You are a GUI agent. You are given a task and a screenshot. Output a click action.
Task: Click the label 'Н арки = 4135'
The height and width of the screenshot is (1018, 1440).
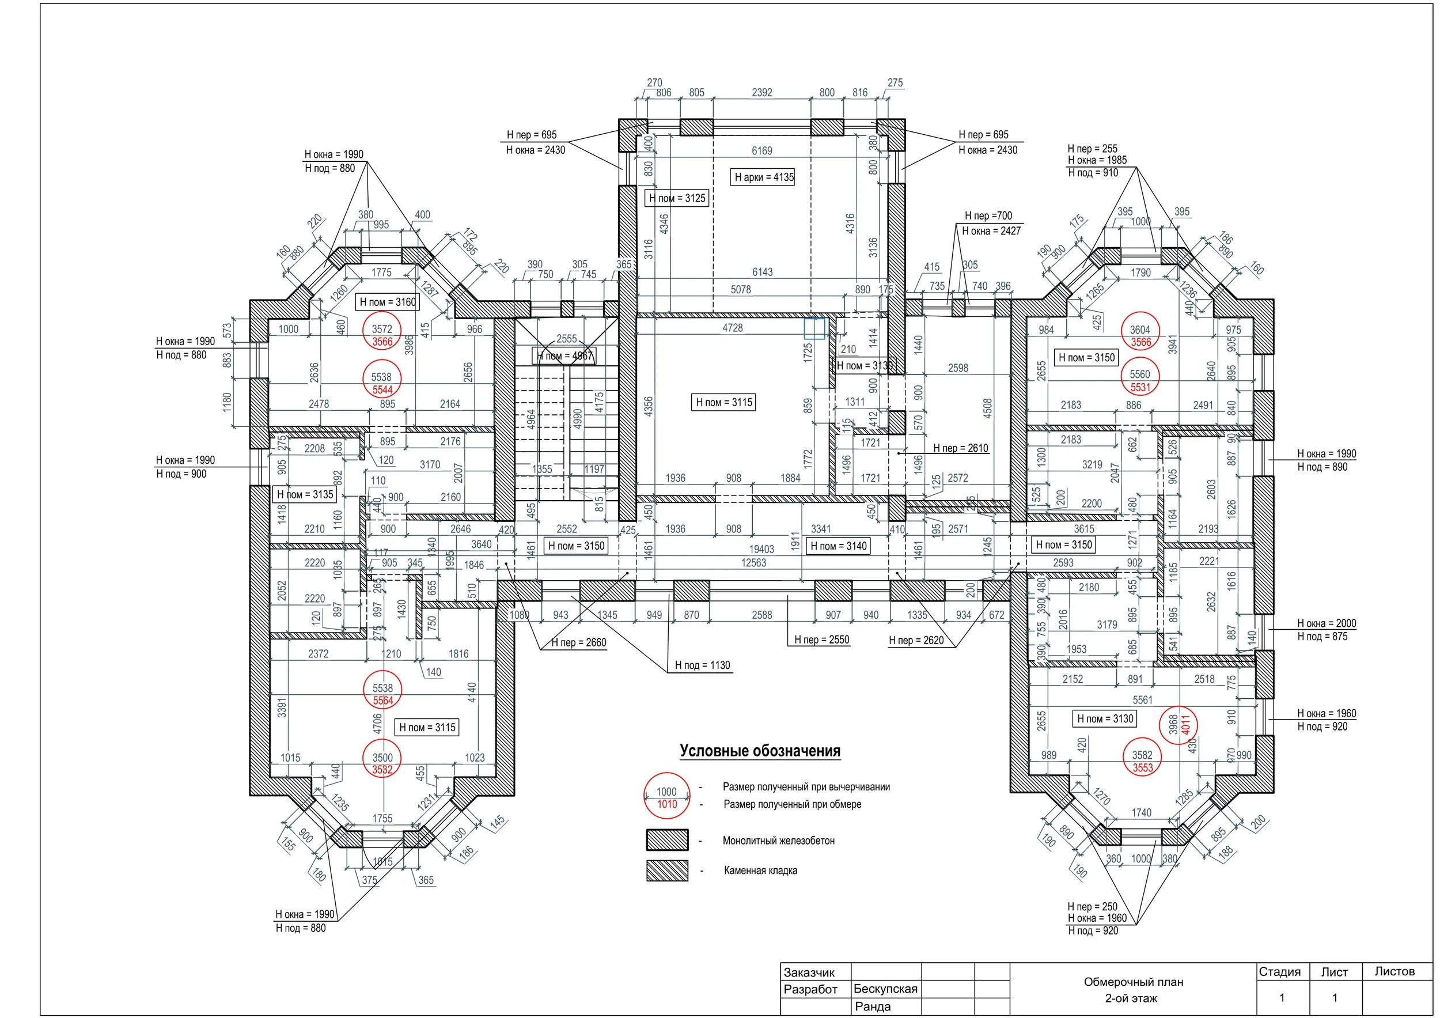pyautogui.click(x=763, y=177)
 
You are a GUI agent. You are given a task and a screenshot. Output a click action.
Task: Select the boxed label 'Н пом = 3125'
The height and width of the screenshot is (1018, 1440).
pyautogui.click(x=677, y=198)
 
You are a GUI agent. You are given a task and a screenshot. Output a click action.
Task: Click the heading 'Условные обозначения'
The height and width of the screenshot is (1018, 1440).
pyautogui.click(x=760, y=751)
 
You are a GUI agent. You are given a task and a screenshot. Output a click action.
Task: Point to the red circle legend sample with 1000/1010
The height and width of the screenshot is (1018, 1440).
pyautogui.click(x=666, y=797)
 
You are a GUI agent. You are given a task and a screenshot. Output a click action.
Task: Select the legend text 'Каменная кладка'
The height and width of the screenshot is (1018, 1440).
pyautogui.click(x=760, y=871)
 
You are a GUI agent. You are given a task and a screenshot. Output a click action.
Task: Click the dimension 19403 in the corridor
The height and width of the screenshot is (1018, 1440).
pyautogui.click(x=761, y=549)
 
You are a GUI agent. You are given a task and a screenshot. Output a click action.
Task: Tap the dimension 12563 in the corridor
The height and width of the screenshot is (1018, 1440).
pyautogui.click(x=753, y=563)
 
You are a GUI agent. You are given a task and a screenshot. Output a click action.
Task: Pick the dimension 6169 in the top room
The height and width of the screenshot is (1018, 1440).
pyautogui.click(x=762, y=150)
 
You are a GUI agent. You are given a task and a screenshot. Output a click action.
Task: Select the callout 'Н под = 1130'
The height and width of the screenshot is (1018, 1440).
pyautogui.click(x=703, y=665)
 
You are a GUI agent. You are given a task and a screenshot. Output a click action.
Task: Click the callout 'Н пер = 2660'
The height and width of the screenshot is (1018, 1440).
pyautogui.click(x=578, y=642)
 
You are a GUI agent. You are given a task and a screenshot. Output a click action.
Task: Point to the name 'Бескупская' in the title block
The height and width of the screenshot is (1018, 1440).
pyautogui.click(x=885, y=989)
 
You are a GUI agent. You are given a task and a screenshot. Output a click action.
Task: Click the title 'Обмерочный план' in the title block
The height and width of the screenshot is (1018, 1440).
pyautogui.click(x=1132, y=982)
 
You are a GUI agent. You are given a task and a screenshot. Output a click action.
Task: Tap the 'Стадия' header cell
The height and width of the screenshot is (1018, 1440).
pyautogui.click(x=1279, y=971)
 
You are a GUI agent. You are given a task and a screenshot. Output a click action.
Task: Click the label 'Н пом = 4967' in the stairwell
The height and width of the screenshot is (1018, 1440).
pyautogui.click(x=564, y=355)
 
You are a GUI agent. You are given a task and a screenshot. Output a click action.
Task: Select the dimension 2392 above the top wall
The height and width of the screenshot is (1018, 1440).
pyautogui.click(x=761, y=92)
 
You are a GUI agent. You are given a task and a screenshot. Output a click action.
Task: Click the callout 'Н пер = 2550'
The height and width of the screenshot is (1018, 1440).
pyautogui.click(x=821, y=639)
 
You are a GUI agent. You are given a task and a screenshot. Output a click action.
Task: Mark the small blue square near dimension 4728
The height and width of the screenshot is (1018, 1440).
pyautogui.click(x=814, y=328)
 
